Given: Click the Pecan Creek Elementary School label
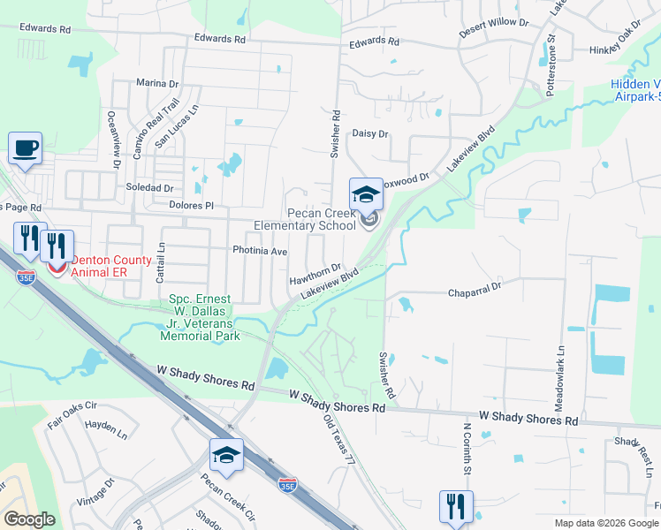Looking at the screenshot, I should tap(304, 219).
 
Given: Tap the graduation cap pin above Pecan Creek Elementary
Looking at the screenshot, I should tap(366, 195).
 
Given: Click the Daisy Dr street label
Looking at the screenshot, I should tap(370, 133).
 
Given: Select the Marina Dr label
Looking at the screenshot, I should tap(157, 83).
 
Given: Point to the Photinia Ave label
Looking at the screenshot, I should tap(261, 251).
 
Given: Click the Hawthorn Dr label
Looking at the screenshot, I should tap(315, 274).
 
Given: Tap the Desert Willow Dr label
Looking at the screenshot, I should tap(493, 26).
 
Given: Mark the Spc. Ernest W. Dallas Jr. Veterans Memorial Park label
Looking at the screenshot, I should tap(200, 318).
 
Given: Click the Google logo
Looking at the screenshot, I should tap(29, 519).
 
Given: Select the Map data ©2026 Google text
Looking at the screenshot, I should tap(605, 523).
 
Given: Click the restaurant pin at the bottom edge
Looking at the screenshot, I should tap(456, 507).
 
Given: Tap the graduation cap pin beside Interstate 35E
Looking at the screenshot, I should tap(226, 456).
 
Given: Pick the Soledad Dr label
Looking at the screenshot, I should tap(149, 188).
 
